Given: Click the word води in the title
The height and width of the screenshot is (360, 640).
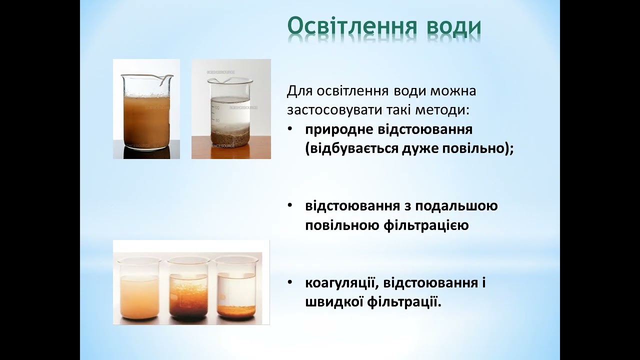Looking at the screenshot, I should pos(453,27).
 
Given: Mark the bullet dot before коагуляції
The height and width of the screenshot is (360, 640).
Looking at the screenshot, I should pos(290,283).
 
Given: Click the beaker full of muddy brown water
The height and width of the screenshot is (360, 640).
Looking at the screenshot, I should pos(146,112).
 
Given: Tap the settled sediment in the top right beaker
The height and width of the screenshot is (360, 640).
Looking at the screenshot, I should pos(230,136).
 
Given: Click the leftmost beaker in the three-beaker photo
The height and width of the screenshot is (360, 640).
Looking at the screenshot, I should pos(140,290).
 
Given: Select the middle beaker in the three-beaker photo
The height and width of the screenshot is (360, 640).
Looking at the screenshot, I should pos(188,290).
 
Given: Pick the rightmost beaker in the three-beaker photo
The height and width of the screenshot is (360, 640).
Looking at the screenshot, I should pos(236,290).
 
